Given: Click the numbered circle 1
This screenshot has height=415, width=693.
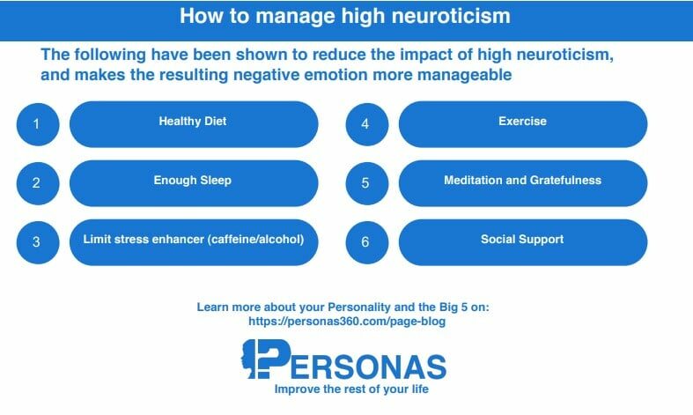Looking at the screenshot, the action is coord(38,124).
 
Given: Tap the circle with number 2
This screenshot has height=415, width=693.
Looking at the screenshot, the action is coord(38,183).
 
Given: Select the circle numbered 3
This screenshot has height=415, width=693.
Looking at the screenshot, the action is coord(38,242).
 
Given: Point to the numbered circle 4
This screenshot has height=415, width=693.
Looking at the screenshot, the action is coord(367,124).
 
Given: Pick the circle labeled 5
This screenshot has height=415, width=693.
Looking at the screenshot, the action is coord(367,183).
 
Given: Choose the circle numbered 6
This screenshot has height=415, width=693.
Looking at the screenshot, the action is coord(367,242).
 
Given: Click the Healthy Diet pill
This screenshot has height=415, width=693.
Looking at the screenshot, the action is coord(194,124).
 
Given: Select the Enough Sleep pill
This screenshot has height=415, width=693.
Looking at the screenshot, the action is coord(194,183).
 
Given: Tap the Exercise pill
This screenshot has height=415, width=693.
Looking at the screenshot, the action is coord(523,124).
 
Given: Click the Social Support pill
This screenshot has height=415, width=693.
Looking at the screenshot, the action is coord(523,242).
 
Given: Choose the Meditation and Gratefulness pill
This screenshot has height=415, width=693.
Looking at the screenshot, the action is coord(523,183).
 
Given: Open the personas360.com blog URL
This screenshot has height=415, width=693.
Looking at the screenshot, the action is coord(347,322).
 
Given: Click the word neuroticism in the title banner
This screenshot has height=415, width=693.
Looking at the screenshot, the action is coord(451,16).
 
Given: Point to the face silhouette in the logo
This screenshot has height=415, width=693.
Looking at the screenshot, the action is coord(248,359).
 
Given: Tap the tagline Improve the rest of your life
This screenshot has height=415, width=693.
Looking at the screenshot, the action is coord(351,389).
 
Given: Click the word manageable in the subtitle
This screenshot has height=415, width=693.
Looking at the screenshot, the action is coord(465,75).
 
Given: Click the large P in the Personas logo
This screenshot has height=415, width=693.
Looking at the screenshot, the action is coord(274,359).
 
